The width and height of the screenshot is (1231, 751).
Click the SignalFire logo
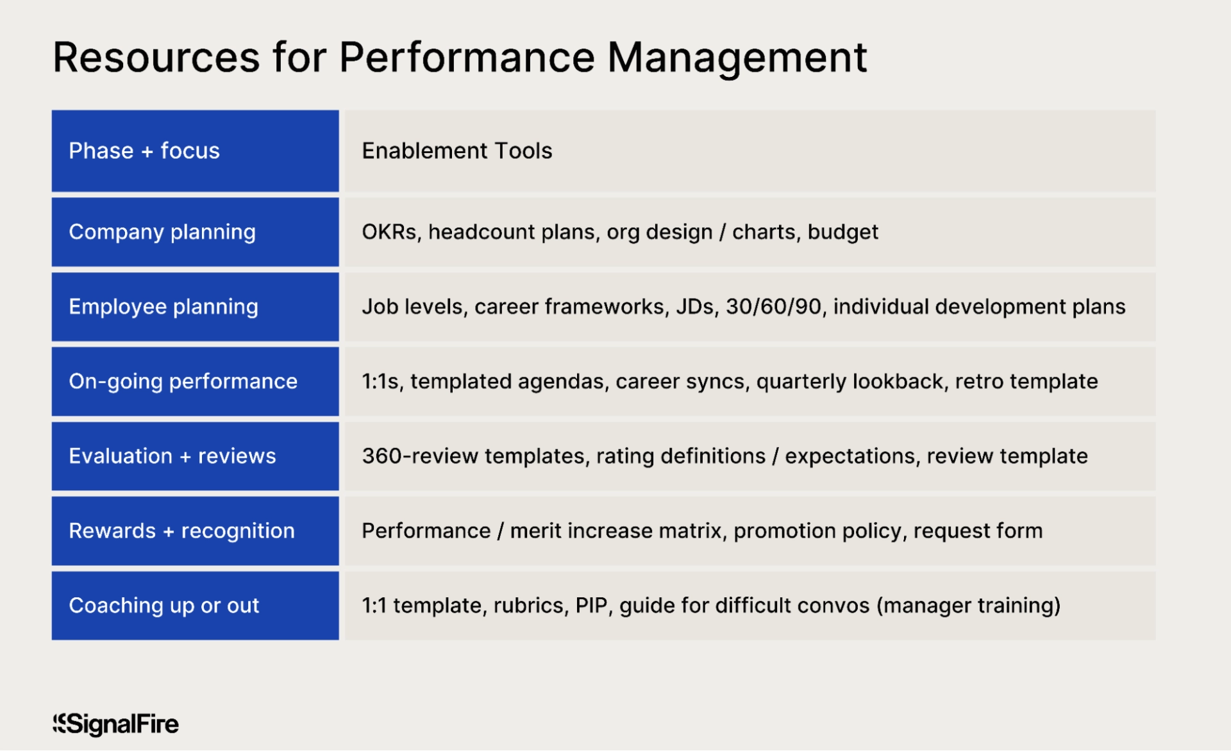116,724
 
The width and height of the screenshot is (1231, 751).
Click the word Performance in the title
467,58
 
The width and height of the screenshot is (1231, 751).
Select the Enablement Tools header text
456,151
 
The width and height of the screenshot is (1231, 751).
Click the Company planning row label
162,232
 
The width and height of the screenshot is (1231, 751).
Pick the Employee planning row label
163,307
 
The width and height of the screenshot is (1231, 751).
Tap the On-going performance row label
183,382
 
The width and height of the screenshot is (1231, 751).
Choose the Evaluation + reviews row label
172,456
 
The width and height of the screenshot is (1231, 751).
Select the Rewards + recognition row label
181,531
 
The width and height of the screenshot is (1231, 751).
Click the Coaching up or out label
163,606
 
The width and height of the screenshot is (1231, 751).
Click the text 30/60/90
773,307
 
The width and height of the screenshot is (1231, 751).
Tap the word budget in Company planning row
842,232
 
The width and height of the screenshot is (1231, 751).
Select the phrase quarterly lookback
850,382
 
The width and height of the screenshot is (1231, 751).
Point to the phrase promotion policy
817,531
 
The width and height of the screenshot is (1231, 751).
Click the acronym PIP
591,606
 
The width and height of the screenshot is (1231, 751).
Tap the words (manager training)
968,606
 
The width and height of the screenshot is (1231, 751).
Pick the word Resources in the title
156,58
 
